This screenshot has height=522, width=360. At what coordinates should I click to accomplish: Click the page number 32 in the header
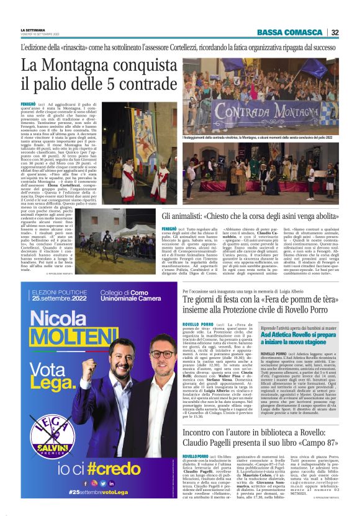coord(335,32)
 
